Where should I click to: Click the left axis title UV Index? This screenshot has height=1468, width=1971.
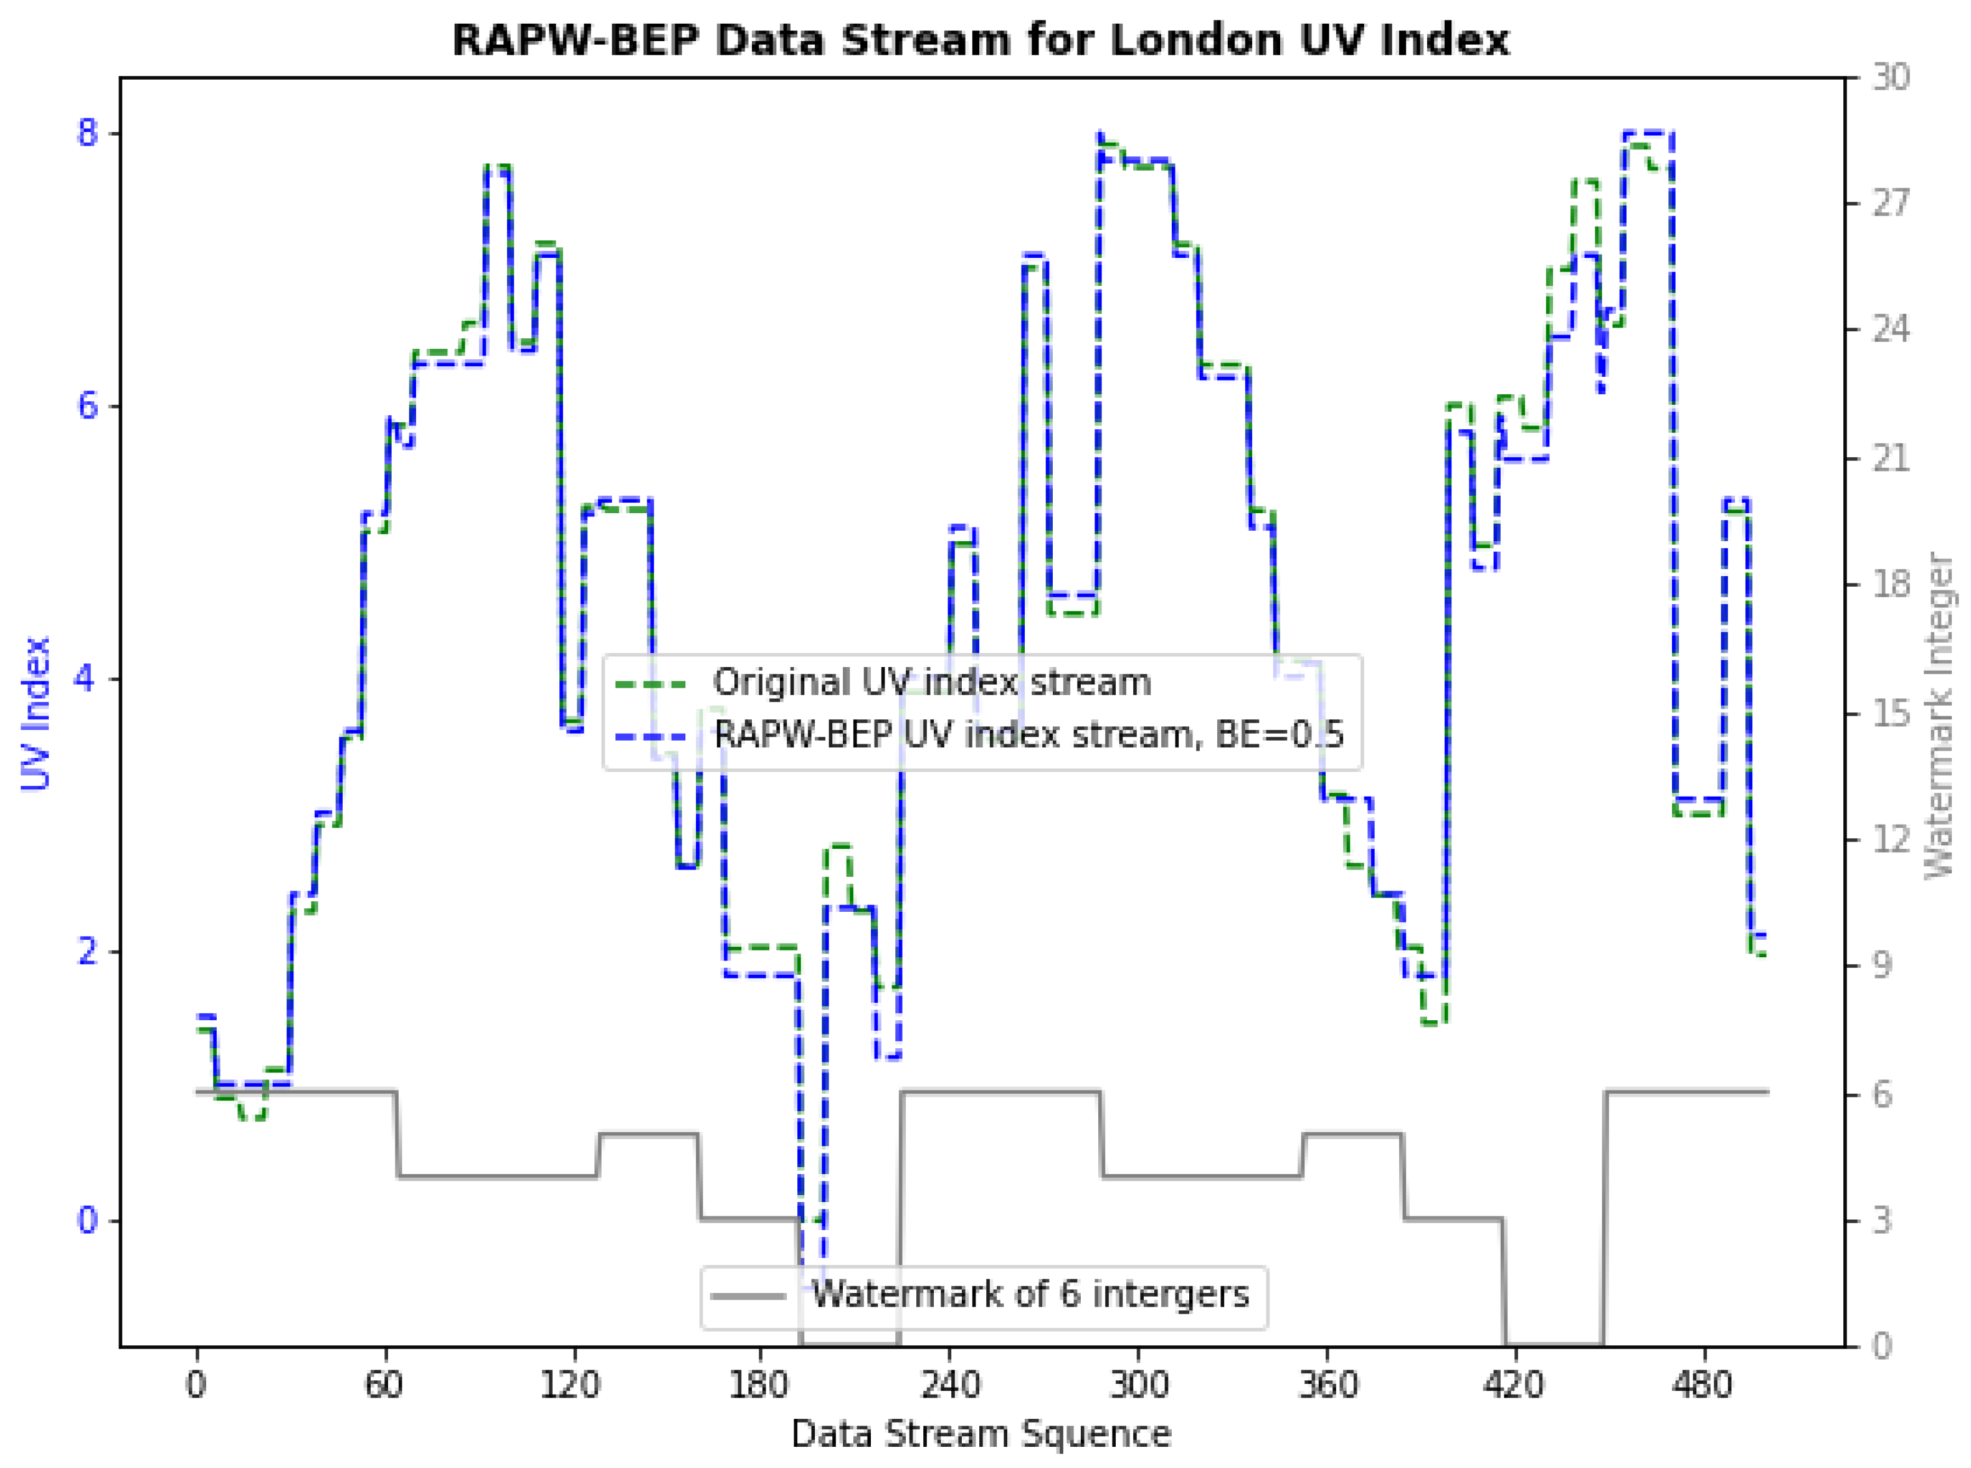(36, 713)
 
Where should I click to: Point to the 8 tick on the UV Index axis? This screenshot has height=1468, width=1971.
(86, 133)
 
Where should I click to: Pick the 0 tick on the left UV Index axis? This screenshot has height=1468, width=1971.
(86, 1220)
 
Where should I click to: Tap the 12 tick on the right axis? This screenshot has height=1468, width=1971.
(1890, 840)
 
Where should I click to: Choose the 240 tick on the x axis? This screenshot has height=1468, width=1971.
(949, 1385)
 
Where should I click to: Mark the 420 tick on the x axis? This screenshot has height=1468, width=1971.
(1514, 1385)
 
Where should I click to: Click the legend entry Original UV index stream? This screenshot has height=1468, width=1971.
(931, 683)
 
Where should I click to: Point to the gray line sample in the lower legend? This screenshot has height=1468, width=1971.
(748, 1295)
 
